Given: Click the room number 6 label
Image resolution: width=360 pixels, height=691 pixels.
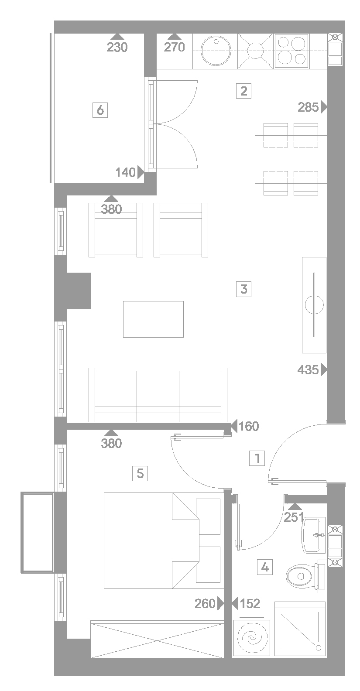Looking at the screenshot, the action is (100, 110).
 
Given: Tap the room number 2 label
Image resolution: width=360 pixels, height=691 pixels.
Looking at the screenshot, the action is (243, 91).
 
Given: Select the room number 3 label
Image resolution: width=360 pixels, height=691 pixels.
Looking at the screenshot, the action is (243, 289).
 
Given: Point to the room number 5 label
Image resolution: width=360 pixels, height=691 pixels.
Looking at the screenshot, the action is (140, 473).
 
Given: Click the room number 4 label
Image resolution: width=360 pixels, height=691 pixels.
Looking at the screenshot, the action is (265, 567).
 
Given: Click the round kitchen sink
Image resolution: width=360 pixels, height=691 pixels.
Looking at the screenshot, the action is (216, 51).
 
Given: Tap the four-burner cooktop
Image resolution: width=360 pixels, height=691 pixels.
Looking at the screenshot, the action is (291, 51).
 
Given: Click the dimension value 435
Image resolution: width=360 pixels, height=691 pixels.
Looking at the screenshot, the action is (308, 369).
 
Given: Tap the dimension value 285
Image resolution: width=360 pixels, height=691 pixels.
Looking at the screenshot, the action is (308, 107).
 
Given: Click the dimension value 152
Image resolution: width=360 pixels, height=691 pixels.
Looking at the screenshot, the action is (250, 603).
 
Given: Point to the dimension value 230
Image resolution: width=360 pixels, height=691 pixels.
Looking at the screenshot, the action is (117, 47).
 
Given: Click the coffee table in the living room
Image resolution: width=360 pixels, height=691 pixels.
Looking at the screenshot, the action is (153, 319).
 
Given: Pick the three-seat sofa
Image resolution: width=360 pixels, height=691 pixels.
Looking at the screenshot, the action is (158, 395).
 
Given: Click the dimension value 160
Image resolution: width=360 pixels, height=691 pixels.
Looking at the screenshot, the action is (249, 426).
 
